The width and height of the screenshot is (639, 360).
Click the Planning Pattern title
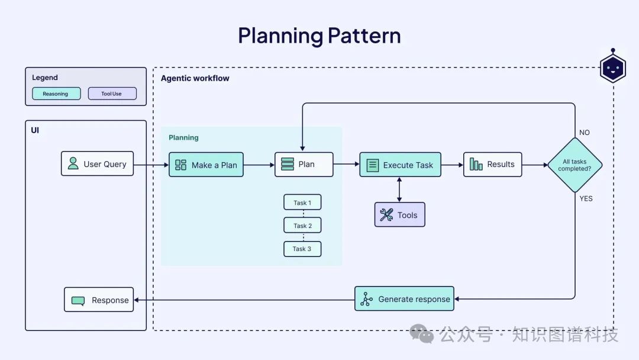pyautogui.click(x=319, y=36)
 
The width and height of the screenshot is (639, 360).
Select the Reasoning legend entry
pyautogui.click(x=56, y=94)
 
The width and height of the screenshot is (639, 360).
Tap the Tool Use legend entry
pyautogui.click(x=112, y=94)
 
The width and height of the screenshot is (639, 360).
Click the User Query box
pyautogui.click(x=97, y=164)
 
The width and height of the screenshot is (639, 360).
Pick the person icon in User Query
pyautogui.click(x=73, y=163)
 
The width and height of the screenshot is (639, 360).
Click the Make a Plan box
pyautogui.click(x=206, y=165)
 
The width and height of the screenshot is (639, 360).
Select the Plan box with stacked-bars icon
pyautogui.click(x=304, y=164)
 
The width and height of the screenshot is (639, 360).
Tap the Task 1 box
pyautogui.click(x=302, y=202)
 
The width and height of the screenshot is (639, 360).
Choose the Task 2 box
pyautogui.click(x=302, y=226)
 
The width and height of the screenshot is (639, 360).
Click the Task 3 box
pyautogui.click(x=302, y=249)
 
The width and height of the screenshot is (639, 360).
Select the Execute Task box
pyautogui.click(x=400, y=165)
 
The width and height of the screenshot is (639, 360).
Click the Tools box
pyautogui.click(x=399, y=215)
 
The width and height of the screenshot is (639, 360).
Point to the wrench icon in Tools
pyautogui.click(x=386, y=215)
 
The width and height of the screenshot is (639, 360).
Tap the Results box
pyautogui.click(x=492, y=164)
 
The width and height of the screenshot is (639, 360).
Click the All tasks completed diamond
pyautogui.click(x=575, y=165)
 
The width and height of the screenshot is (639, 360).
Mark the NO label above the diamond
pyautogui.click(x=585, y=133)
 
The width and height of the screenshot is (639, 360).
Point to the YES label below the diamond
pyautogui.click(x=586, y=198)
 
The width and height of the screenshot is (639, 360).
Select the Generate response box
pyautogui.click(x=405, y=299)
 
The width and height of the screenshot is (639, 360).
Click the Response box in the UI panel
pyautogui.click(x=99, y=300)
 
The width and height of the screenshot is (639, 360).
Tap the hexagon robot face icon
pyautogui.click(x=612, y=68)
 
